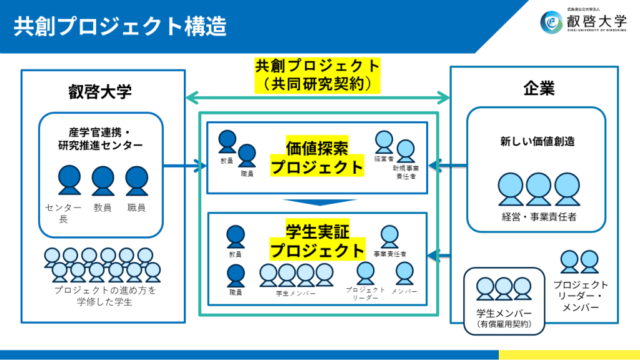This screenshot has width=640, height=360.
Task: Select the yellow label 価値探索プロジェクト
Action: pos(317,157)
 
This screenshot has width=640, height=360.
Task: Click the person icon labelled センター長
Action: pos(69,180)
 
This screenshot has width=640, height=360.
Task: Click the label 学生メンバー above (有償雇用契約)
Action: pos(504,312)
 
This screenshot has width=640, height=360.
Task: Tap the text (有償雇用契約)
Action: pos(504,323)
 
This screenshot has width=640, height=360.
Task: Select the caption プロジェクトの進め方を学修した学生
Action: pos(104,296)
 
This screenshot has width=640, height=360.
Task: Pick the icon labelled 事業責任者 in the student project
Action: pos(389,237)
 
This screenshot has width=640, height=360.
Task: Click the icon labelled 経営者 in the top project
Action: pos(383,141)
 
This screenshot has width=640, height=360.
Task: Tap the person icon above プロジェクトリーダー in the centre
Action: pos(366,273)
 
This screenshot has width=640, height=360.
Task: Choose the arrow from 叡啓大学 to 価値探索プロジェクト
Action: pos(185,166)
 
